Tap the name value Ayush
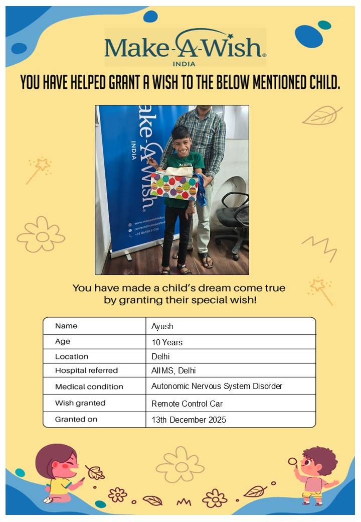tap(162, 326)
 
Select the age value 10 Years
tap(167, 342)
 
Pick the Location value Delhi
tap(161, 356)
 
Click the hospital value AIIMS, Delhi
tap(173, 370)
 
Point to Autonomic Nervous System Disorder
tap(217, 386)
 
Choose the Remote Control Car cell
tap(187, 403)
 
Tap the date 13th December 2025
tap(189, 420)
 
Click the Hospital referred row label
tap(86, 370)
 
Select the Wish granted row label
tap(80, 403)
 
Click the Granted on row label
tap(76, 419)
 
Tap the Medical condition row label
tap(89, 386)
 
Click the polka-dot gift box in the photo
tap(174, 186)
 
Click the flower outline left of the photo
tap(41, 234)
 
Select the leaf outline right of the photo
tap(322, 116)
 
